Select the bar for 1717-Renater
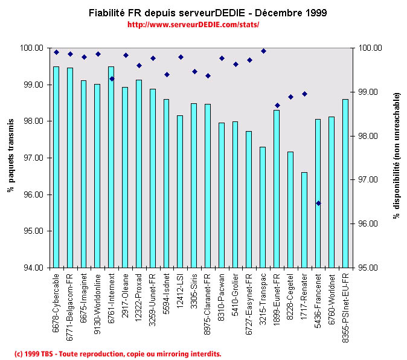304,220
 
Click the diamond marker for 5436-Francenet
318,203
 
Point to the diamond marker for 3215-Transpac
263,51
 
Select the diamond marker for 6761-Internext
112,79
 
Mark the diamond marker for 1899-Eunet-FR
277,106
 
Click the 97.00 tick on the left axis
33,158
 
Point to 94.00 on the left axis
33,268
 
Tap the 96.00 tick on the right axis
369,224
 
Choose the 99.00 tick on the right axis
369,92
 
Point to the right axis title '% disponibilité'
397,156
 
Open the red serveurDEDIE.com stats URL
193,25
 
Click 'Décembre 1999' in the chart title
292,13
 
